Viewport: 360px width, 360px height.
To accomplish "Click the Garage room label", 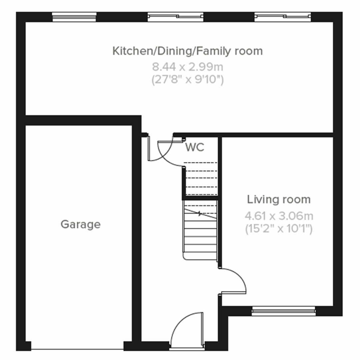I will point(80,224).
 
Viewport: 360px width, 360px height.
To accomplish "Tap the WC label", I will point(195,147).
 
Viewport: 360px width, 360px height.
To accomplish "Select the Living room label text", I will point(279,199).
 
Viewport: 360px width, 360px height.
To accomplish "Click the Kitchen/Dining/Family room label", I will point(187,51).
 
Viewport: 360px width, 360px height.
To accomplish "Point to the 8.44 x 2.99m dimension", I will point(187,67).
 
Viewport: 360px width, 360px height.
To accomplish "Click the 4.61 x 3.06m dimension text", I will point(279,216).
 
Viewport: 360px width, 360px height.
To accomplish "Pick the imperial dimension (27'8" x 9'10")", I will point(187,80).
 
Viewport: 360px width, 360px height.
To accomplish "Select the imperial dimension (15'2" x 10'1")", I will point(279,229).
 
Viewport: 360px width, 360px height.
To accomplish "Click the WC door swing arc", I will point(163,152).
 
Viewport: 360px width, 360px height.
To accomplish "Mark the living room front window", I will point(283,311).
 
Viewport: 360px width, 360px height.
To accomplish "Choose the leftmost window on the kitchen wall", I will point(74,17).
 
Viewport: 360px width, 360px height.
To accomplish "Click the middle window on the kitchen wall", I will point(175,17).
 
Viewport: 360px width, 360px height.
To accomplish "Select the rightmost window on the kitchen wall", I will point(283,17).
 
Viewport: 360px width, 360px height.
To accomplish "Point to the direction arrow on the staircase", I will point(200,213).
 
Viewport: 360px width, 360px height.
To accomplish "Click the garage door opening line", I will point(77,349).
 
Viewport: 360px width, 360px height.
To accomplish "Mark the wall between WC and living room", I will point(220,167).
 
